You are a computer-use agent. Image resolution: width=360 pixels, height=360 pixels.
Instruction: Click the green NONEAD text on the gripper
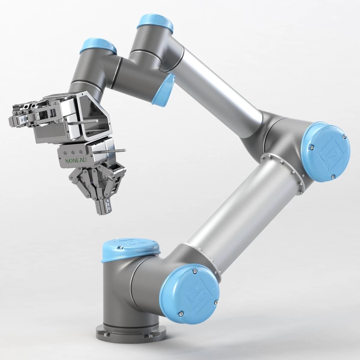76,161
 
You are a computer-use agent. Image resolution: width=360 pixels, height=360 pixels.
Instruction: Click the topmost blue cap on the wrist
155,25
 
